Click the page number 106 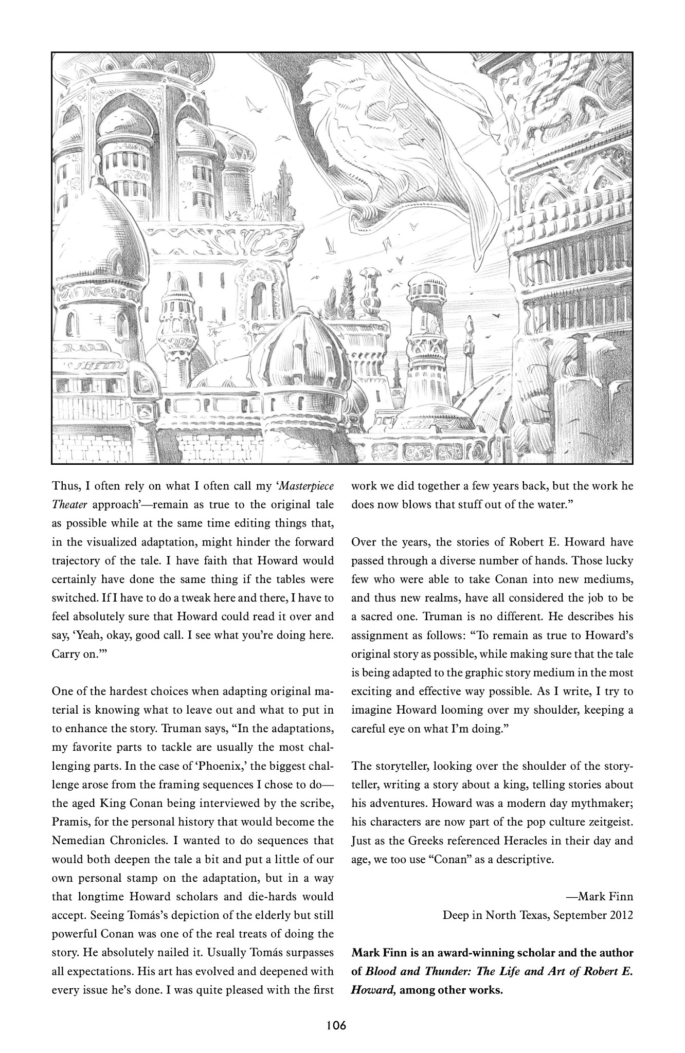(x=337, y=1025)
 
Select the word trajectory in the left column (x=81, y=560)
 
